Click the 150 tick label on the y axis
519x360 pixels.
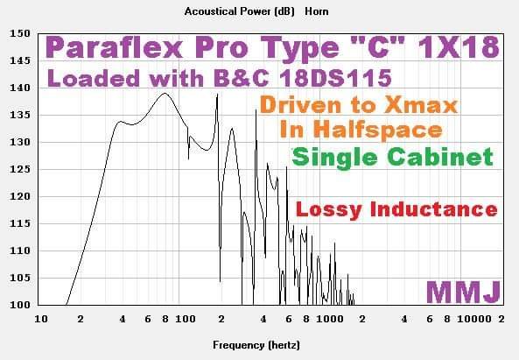20,33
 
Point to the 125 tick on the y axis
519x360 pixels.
20,169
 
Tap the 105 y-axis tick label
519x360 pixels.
20,278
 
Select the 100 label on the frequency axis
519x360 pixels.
186,319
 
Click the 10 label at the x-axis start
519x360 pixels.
41,319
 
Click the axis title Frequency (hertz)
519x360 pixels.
256,345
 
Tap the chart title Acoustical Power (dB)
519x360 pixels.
239,11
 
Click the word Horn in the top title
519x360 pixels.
317,11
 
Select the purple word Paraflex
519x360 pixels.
114,47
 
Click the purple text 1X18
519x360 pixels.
459,47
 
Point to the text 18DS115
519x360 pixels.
335,79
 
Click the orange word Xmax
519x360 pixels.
421,105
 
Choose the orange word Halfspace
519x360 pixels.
377,130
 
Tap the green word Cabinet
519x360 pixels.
440,157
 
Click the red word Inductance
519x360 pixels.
433,209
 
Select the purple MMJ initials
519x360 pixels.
463,292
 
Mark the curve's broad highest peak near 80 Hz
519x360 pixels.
165,94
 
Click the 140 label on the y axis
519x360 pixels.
20,88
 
